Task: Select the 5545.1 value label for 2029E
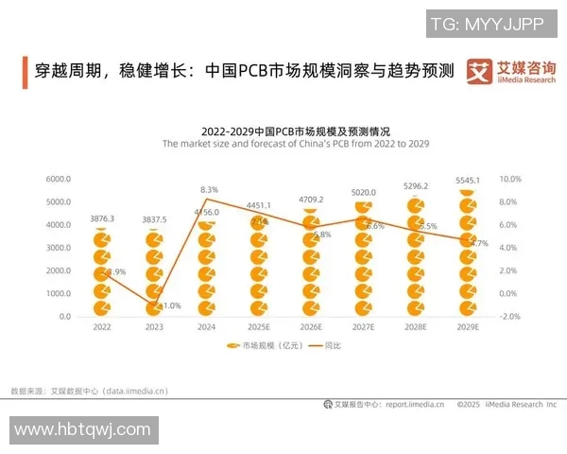(x=467, y=180)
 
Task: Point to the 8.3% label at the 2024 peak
(x=210, y=190)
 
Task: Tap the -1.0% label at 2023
(x=169, y=306)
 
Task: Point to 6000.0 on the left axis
(x=59, y=179)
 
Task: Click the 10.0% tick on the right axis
(x=509, y=179)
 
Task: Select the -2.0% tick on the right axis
(x=509, y=317)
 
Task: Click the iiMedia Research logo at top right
(x=511, y=71)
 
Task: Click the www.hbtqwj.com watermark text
(x=83, y=429)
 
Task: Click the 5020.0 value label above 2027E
(x=364, y=192)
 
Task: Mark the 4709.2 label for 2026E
(x=312, y=200)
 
